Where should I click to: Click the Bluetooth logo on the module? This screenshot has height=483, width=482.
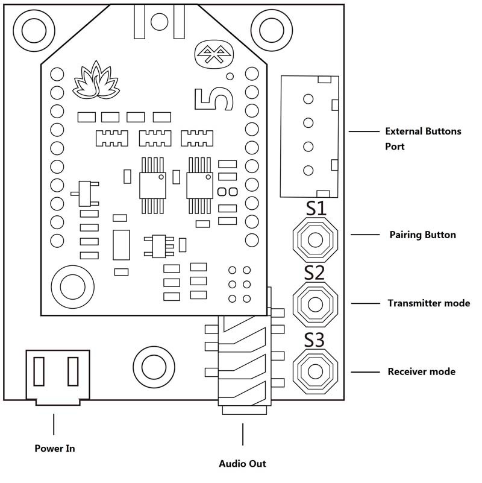point(214,56)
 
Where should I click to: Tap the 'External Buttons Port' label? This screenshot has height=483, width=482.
point(422,138)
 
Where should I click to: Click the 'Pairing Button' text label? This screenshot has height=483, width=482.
point(422,235)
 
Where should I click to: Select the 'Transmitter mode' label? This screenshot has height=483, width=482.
point(428,303)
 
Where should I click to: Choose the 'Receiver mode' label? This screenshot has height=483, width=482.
point(421,371)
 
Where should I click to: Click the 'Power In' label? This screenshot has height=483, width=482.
point(54,448)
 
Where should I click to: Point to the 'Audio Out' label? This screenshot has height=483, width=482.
point(242,464)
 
